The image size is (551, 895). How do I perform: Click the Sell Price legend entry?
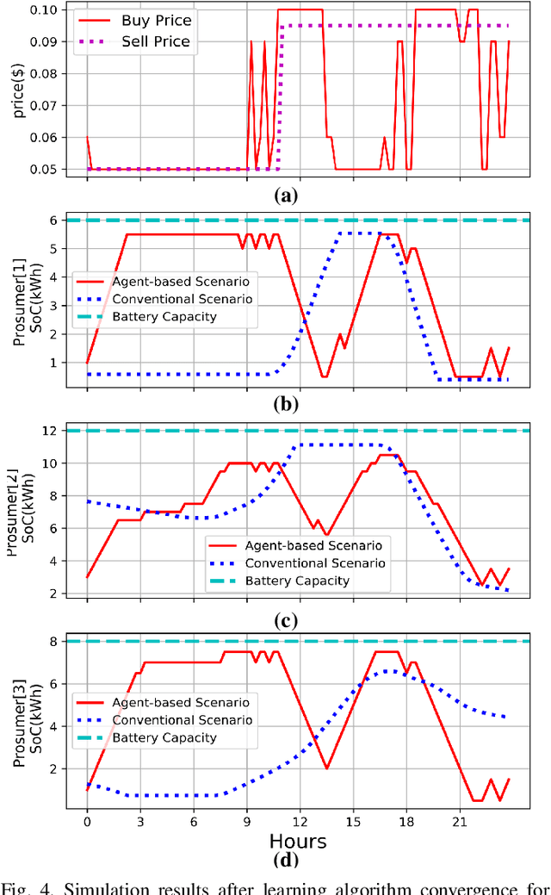click(169, 40)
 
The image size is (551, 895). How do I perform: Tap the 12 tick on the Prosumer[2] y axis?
click(59, 431)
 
